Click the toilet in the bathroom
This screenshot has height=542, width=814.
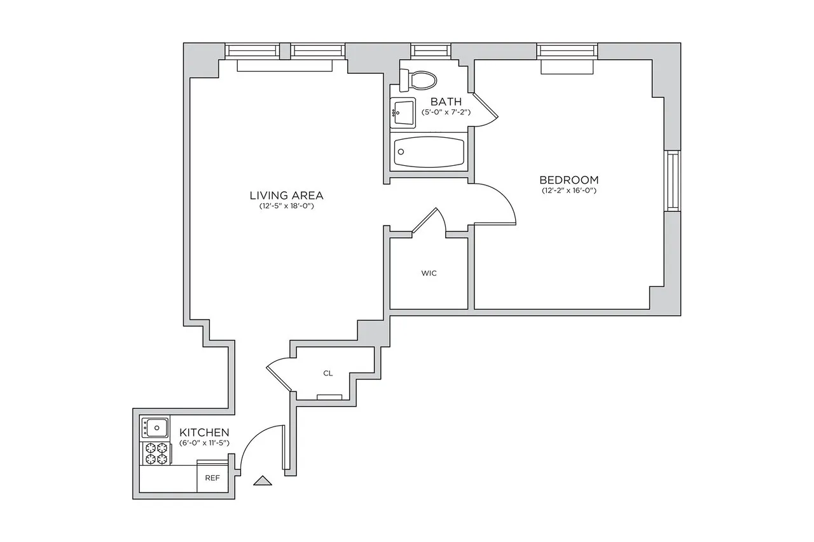(420, 79)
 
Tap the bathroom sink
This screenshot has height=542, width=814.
(403, 114)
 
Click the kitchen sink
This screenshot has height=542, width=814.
(155, 426)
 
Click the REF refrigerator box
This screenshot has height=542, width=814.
(212, 478)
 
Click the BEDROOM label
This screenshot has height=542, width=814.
(569, 180)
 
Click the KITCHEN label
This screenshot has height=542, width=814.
(204, 432)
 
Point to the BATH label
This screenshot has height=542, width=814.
(446, 102)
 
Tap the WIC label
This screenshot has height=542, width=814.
(429, 274)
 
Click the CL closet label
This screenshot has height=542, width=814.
(328, 374)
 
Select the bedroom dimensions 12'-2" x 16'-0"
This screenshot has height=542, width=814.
(569, 191)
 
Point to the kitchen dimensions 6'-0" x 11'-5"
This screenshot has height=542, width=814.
(204, 442)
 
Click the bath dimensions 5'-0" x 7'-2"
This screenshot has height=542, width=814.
(446, 112)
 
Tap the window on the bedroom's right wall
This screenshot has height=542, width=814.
(672, 180)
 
